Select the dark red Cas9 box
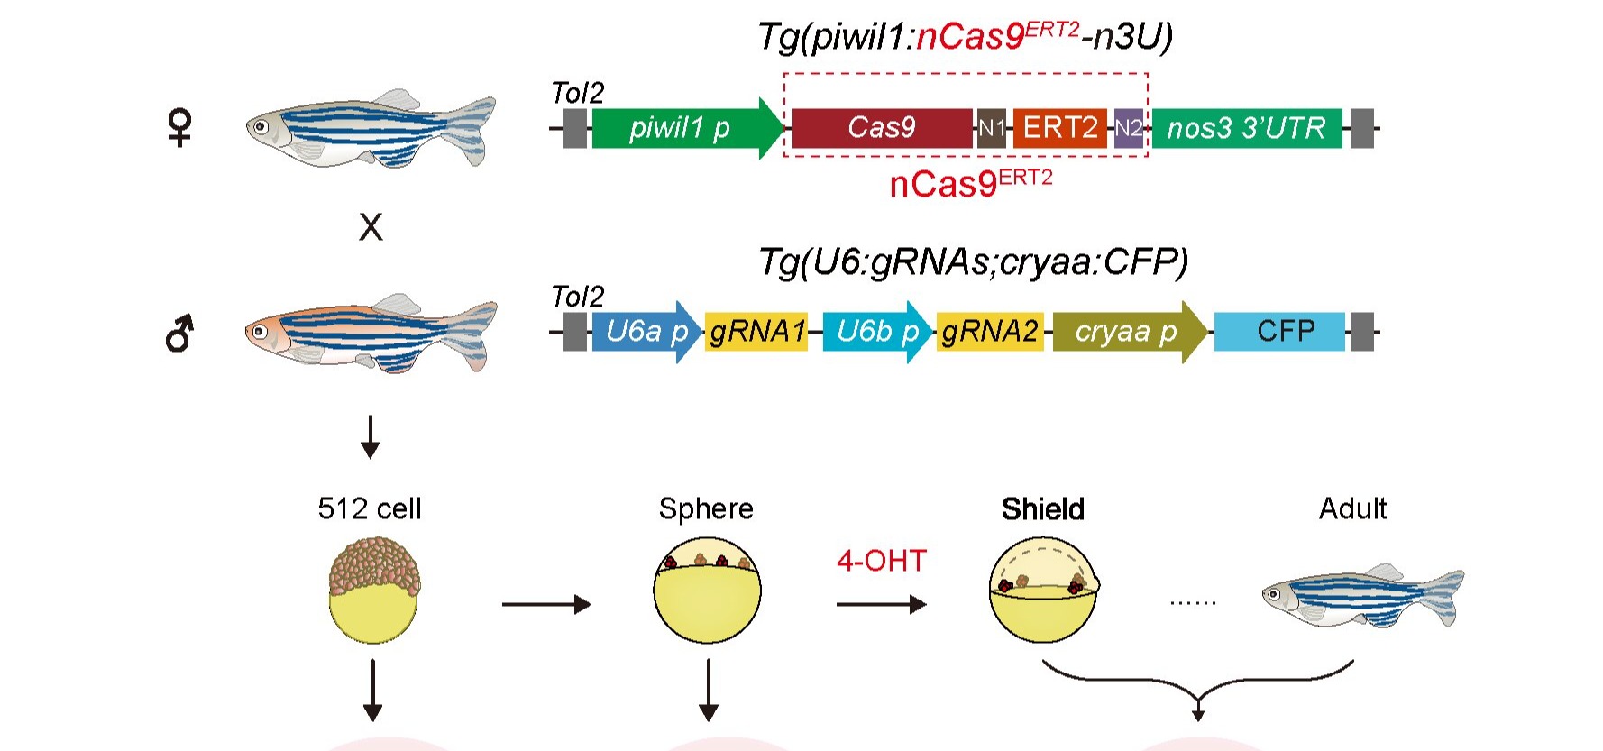882,128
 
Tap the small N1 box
991,128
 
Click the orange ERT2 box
1059,128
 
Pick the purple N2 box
1128,128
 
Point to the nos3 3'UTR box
1246,128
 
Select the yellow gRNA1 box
756,332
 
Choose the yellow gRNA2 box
990,332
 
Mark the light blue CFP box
1279,332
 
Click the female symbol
180,127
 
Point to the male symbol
179,334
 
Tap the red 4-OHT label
881,561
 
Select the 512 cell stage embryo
373,590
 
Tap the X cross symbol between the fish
371,227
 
